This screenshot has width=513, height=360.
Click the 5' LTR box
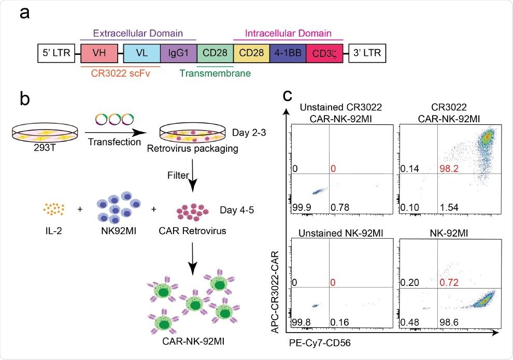[x=56, y=53]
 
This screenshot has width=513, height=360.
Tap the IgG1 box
[x=178, y=53]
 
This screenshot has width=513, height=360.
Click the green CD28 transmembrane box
[x=215, y=53]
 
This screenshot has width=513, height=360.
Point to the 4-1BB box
[x=288, y=53]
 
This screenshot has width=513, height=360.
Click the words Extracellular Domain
[x=138, y=34]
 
